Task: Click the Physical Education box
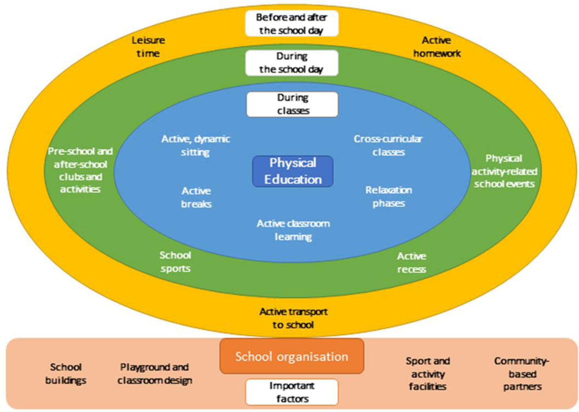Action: click(x=292, y=171)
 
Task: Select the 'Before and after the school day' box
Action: click(x=291, y=24)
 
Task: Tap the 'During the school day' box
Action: click(x=291, y=63)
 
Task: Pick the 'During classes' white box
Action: click(x=292, y=104)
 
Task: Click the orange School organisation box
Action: click(x=291, y=356)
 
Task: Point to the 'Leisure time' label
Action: click(x=148, y=47)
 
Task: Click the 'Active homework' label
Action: click(x=437, y=47)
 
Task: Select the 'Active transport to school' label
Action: click(x=293, y=318)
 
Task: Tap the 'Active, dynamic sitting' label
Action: click(x=195, y=146)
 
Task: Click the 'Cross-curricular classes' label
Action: click(x=388, y=146)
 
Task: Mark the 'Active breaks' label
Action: click(x=196, y=197)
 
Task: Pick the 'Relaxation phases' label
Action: click(x=389, y=197)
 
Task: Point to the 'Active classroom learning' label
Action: click(x=293, y=230)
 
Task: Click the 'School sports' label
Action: click(x=175, y=262)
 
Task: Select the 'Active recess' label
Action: click(x=411, y=263)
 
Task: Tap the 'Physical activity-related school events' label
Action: click(x=504, y=171)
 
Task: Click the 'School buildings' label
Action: click(x=65, y=374)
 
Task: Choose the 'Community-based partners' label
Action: click(x=522, y=374)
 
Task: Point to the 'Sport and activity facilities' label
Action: click(x=428, y=374)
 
